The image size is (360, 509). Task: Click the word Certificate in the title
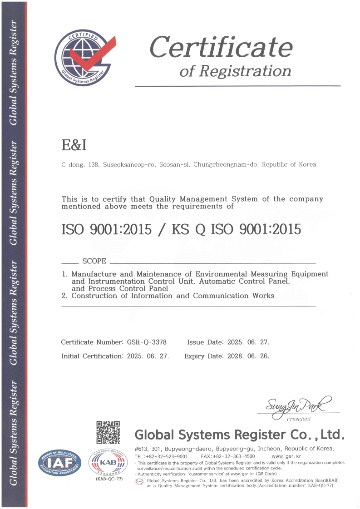[x=221, y=47]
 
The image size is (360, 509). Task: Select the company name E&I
[x=74, y=145]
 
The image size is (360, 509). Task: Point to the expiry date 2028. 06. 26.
[x=248, y=356]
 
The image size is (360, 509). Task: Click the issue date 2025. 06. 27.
[x=248, y=342]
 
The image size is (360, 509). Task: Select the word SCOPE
[x=94, y=261]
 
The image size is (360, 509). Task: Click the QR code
[x=108, y=432]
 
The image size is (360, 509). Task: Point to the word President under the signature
[x=298, y=419]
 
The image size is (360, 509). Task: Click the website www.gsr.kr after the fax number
[x=286, y=456]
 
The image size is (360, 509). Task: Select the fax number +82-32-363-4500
[x=234, y=456]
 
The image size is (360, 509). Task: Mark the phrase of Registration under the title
[x=235, y=71]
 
